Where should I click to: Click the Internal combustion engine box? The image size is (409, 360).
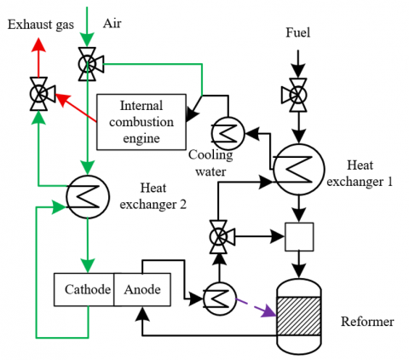141,122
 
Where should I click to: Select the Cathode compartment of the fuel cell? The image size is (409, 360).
84,290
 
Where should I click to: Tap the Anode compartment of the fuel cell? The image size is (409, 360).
142,290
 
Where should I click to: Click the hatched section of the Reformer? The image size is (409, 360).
299,316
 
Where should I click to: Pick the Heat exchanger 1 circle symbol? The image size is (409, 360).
299,170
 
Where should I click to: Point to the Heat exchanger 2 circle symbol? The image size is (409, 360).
88,197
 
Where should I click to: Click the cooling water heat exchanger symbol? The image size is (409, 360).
228,133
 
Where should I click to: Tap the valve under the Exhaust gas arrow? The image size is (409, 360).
41,94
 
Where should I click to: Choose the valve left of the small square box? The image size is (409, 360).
221,236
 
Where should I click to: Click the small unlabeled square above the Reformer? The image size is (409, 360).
299,237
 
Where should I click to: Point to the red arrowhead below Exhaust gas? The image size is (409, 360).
38,45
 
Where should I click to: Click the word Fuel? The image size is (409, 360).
297,32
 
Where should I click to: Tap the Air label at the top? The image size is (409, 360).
112,24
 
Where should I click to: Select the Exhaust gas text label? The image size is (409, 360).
41,25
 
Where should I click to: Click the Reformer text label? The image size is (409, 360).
367,322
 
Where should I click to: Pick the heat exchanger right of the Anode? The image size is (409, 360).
220,299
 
